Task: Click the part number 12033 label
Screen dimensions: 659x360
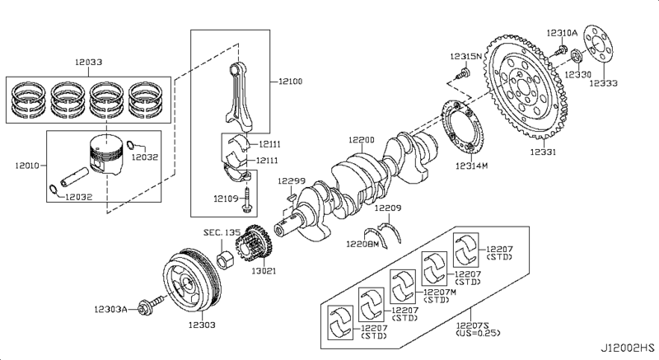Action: [89, 62]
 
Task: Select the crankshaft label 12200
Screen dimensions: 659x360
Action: [361, 140]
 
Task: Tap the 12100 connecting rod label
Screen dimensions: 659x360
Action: [291, 81]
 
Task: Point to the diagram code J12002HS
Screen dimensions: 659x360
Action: [627, 348]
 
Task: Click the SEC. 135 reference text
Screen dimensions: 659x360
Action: [222, 232]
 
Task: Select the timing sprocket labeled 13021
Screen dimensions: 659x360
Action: [254, 245]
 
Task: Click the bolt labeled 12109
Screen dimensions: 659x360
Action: [246, 201]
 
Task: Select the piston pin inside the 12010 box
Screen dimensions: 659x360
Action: [74, 177]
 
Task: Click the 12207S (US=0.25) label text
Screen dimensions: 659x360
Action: [479, 329]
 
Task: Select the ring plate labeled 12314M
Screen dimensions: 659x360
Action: [462, 128]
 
